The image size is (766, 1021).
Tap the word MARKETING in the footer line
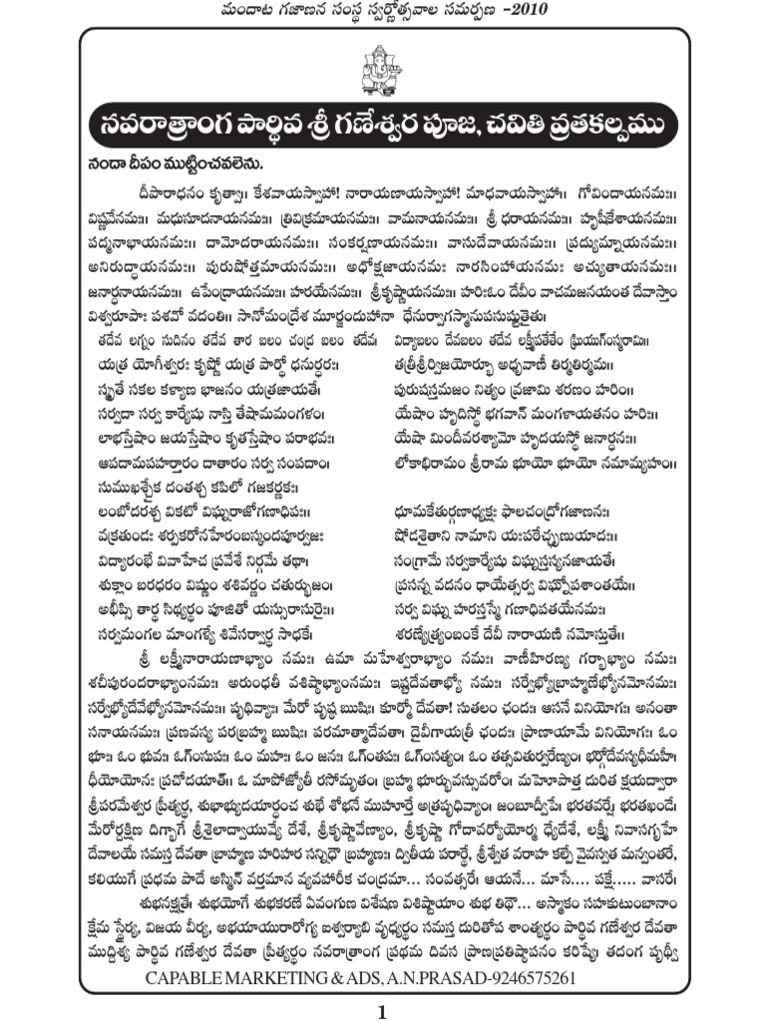point(290,978)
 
